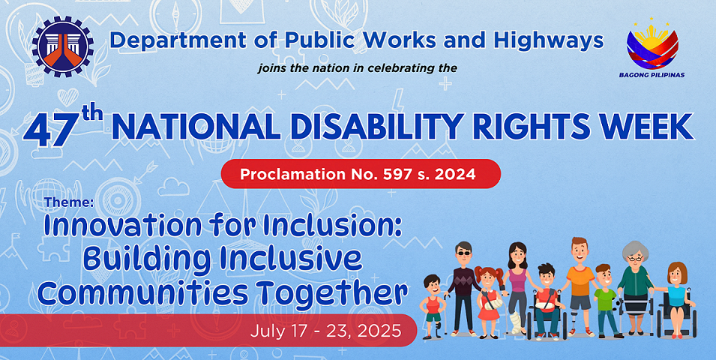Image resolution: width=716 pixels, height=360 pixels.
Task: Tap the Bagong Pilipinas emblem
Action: click(652, 43)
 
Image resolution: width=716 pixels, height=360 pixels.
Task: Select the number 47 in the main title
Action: click(49, 131)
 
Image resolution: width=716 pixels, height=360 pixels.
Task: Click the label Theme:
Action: click(69, 202)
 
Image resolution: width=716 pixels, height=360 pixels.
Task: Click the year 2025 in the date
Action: click(380, 330)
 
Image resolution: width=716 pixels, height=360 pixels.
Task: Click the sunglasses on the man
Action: click(463, 253)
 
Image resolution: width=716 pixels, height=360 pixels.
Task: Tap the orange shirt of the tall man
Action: click(580, 280)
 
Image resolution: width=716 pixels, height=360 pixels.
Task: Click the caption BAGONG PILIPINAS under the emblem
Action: click(652, 75)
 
